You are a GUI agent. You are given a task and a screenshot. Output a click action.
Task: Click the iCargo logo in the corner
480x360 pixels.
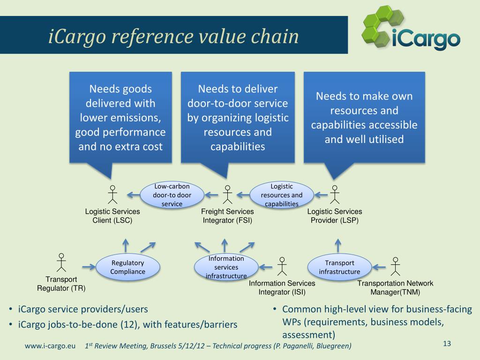(410, 29)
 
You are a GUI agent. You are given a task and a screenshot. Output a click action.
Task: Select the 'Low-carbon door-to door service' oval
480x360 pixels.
(172, 195)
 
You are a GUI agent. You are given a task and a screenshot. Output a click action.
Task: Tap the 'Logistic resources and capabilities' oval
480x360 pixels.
(281, 195)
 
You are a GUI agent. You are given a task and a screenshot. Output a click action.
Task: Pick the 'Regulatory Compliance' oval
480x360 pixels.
(127, 267)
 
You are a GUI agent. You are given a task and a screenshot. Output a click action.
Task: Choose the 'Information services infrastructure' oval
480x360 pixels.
(226, 267)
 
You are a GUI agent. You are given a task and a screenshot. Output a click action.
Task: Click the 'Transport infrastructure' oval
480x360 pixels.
(339, 267)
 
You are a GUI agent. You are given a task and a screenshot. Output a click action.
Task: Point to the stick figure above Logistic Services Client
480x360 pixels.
(112, 195)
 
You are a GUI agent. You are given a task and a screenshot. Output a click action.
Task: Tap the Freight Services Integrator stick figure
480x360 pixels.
(227, 195)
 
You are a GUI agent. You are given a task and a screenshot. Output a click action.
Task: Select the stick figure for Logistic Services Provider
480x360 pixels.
(334, 195)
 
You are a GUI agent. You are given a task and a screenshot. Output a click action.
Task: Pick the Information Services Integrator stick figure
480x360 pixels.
(282, 266)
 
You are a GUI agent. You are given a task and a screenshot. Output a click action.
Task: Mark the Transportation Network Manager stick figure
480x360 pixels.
(396, 266)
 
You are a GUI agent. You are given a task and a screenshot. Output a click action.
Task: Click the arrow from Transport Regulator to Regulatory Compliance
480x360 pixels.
(88, 267)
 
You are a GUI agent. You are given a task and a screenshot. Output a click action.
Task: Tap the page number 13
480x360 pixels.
(446, 344)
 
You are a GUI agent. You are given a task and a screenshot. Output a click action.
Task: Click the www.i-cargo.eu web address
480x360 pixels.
(50, 346)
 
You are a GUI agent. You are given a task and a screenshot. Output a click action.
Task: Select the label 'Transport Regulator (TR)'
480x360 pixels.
(61, 284)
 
